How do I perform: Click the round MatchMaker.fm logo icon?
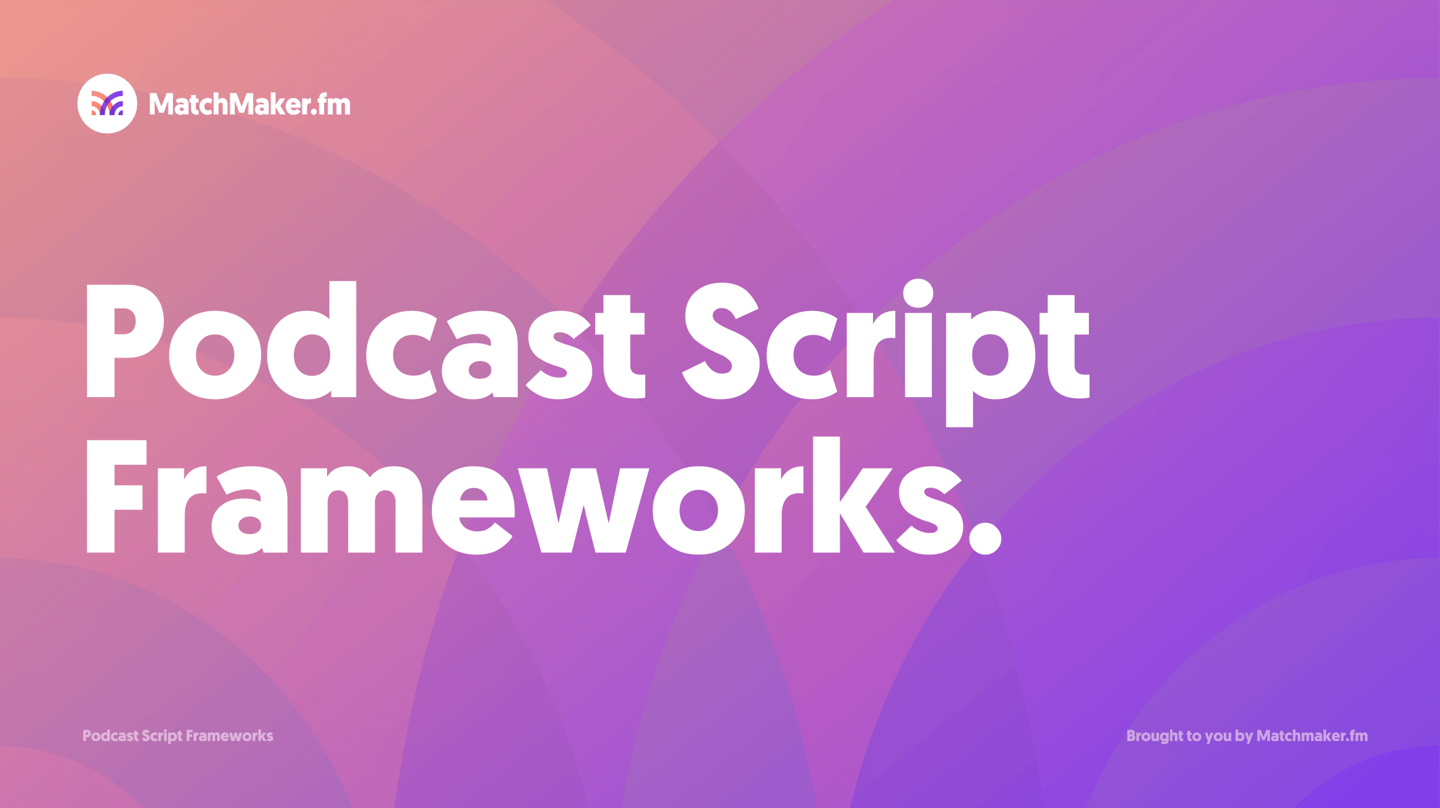[x=107, y=104]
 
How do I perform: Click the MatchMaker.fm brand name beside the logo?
[x=250, y=104]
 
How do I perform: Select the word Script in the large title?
[x=886, y=353]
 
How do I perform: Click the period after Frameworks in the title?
[x=985, y=537]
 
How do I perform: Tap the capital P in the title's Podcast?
[x=125, y=341]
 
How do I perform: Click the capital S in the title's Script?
[x=721, y=341]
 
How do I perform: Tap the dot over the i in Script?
[x=919, y=293]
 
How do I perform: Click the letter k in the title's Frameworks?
[x=854, y=495]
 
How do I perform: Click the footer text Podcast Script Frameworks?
[x=178, y=736]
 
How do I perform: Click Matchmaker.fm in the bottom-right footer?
[x=1312, y=735]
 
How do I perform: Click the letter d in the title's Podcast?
[x=311, y=340]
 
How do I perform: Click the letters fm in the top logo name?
[x=334, y=104]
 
